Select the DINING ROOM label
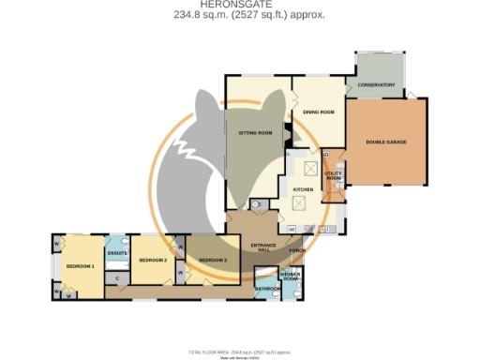click(319, 112)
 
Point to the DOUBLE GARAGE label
click(383, 142)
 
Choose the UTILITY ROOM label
click(334, 175)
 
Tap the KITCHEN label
click(303, 190)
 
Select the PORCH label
click(298, 251)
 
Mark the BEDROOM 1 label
click(81, 267)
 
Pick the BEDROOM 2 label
click(152, 260)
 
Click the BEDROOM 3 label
click(212, 260)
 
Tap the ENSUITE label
click(117, 253)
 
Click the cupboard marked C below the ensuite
click(116, 278)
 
